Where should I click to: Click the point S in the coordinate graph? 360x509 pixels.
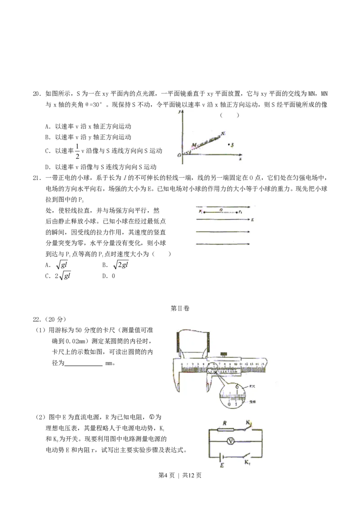click(x=229, y=144)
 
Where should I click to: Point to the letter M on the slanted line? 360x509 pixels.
click(x=193, y=145)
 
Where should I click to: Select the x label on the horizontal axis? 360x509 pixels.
click(x=241, y=159)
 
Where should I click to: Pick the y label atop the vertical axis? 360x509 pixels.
click(x=179, y=111)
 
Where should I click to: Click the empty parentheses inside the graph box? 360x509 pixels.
click(x=229, y=115)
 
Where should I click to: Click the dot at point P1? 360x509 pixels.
click(x=203, y=211)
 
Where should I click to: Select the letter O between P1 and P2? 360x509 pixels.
click(x=220, y=209)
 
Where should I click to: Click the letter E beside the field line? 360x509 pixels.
click(x=253, y=220)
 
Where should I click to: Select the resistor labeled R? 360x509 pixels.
click(x=224, y=429)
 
